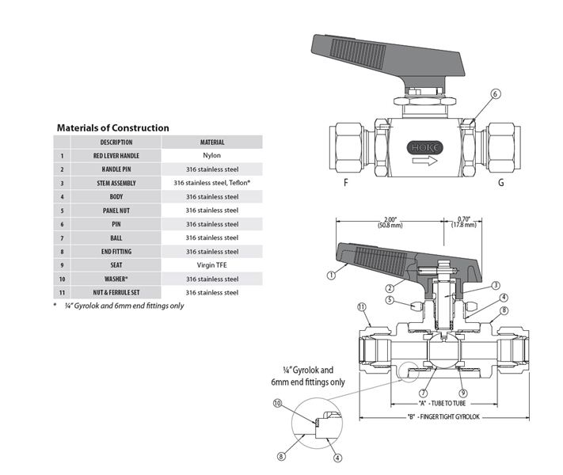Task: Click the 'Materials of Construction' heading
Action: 112,127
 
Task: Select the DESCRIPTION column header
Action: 116,142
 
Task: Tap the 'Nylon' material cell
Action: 211,156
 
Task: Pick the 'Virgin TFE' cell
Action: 211,265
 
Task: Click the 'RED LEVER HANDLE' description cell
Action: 116,156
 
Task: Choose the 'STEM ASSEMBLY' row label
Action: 116,183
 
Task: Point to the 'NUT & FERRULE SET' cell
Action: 116,293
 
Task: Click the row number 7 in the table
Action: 62,237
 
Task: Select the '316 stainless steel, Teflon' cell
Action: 211,183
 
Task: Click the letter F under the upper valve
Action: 345,183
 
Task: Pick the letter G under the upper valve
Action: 500,183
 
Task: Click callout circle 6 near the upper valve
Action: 496,94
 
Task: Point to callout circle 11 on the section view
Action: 362,307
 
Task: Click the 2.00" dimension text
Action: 390,221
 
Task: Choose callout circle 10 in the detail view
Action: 278,404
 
